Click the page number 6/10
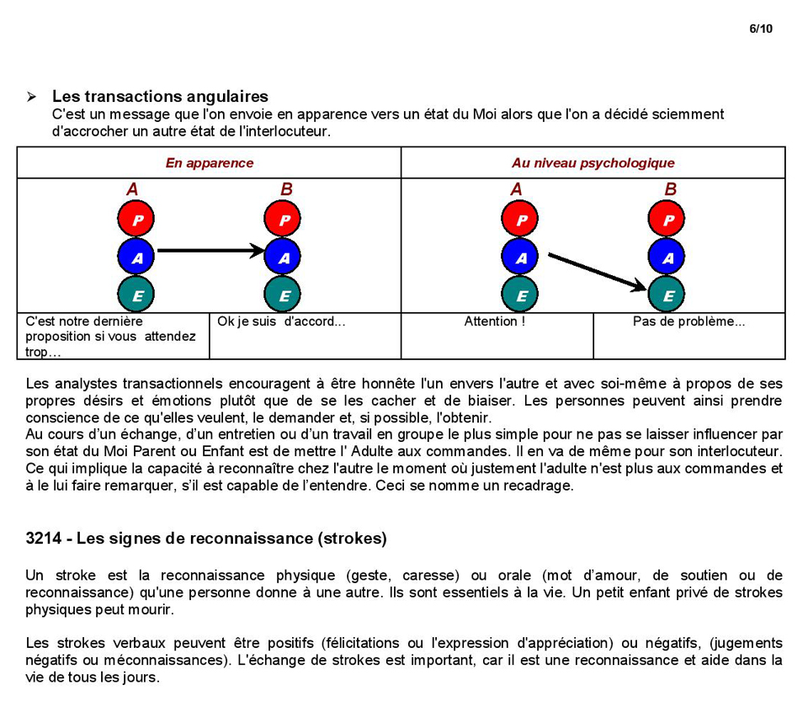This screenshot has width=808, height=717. pos(760,29)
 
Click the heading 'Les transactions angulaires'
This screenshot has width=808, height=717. pos(160,97)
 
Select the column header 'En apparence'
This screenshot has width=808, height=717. pos(209,163)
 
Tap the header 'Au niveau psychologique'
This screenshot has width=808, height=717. pos(593,163)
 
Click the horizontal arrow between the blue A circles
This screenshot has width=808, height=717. pos(210,250)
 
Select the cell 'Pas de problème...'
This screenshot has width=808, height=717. pos(688,321)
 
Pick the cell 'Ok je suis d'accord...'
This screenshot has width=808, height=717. pos(281,321)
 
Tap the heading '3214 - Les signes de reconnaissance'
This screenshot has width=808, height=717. pos(206,538)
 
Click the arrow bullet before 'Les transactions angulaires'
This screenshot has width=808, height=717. pos(32,98)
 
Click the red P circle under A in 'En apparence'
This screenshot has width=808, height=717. pos(136,220)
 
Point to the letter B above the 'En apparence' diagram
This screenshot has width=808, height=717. pos(286,190)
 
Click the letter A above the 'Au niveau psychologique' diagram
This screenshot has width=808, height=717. pos(516,190)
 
